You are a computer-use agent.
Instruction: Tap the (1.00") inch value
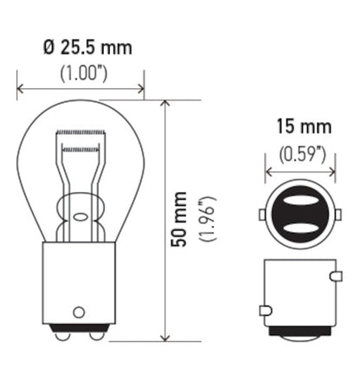(x=80, y=73)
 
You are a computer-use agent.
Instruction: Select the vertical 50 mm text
(x=177, y=222)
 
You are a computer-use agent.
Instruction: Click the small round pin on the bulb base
(x=79, y=312)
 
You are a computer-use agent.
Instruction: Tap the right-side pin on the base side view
(x=334, y=276)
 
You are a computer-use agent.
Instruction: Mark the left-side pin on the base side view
(x=264, y=309)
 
